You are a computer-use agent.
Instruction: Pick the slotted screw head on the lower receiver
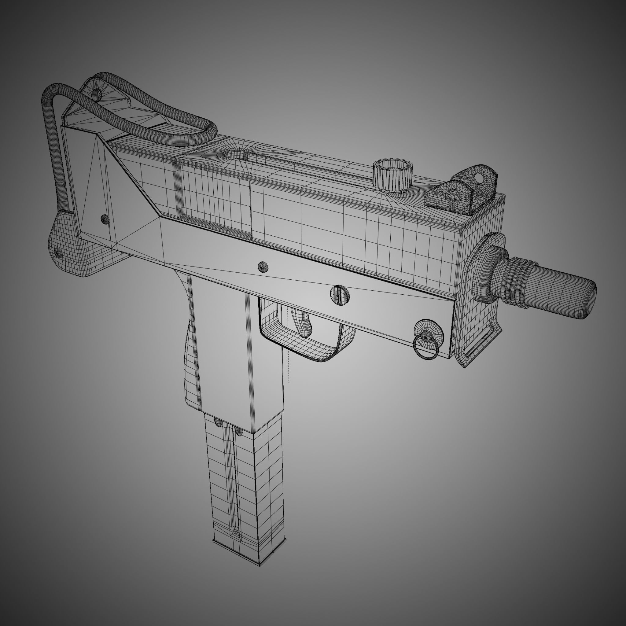coord(340,295)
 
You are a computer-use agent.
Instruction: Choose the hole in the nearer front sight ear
coord(454,195)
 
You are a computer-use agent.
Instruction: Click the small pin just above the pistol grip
coord(263,267)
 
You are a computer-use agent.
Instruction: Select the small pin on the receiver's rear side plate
coord(104,219)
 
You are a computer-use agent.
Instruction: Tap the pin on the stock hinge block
coord(58,252)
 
